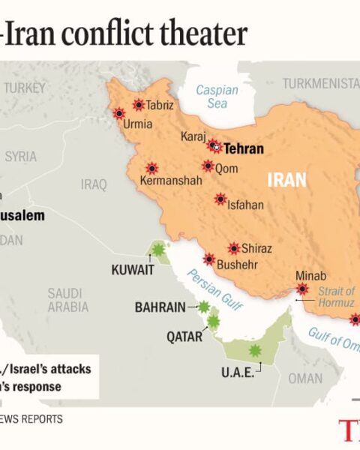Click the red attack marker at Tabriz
pyautogui.click(x=139, y=105)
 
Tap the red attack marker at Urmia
pyautogui.click(x=118, y=113)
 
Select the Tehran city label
pyautogui.click(x=244, y=148)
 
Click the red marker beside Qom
pyautogui.click(x=208, y=166)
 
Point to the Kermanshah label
pyautogui.click(x=171, y=181)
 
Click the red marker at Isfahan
pyautogui.click(x=220, y=199)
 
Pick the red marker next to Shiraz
pyautogui.click(x=234, y=248)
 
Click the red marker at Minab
pyautogui.click(x=302, y=289)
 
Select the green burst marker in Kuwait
pyautogui.click(x=157, y=250)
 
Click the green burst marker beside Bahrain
pyautogui.click(x=203, y=307)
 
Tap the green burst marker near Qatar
pyautogui.click(x=213, y=322)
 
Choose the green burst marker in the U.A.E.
pyautogui.click(x=255, y=350)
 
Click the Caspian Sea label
pyautogui.click(x=217, y=97)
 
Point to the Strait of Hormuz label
pyautogui.click(x=335, y=296)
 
